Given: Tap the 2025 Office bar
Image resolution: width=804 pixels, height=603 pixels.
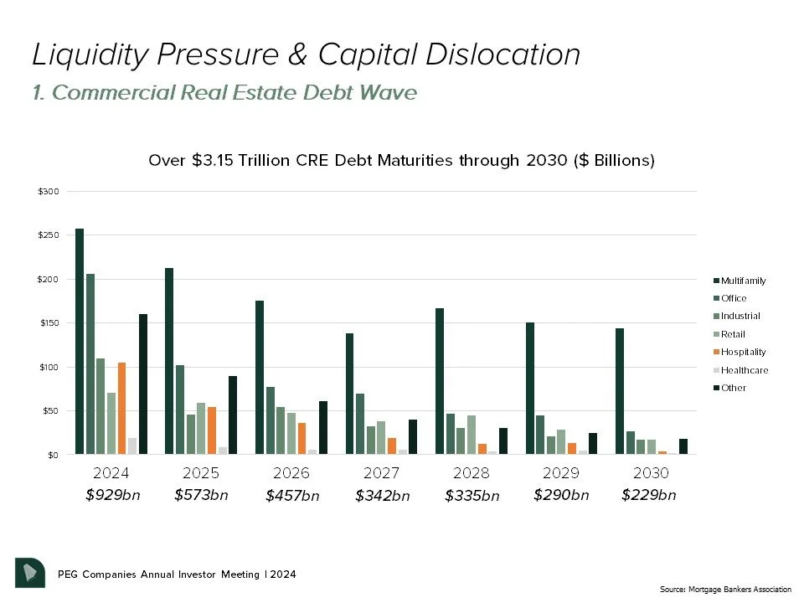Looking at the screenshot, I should (x=180, y=410).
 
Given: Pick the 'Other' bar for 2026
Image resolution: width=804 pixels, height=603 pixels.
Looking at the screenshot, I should (x=323, y=428).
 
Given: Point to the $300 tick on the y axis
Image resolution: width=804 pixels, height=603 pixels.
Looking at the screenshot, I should (x=49, y=192).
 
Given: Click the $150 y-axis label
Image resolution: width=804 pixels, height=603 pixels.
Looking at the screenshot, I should (x=49, y=323).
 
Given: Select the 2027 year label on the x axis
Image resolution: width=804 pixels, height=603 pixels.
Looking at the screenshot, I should (x=381, y=473).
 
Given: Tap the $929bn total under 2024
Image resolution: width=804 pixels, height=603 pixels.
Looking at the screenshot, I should (x=113, y=495).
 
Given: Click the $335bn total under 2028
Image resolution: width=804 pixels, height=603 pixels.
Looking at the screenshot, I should (x=472, y=496).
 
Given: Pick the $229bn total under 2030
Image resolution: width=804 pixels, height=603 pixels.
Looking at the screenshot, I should (x=648, y=495).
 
